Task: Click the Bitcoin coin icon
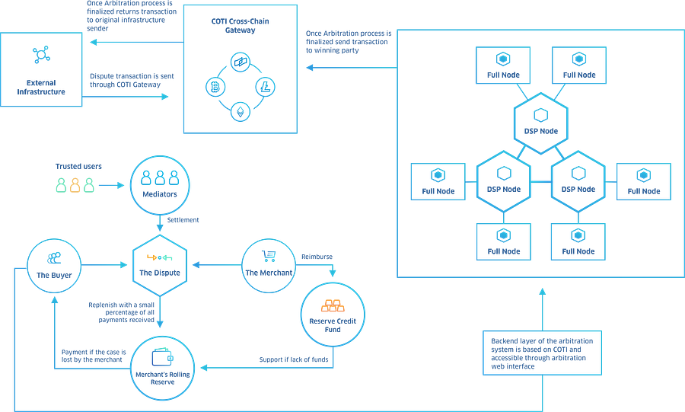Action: tap(212, 86)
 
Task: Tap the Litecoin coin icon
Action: tap(266, 86)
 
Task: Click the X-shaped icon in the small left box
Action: tap(40, 54)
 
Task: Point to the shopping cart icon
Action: tap(267, 253)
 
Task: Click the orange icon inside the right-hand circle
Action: tap(333, 306)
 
